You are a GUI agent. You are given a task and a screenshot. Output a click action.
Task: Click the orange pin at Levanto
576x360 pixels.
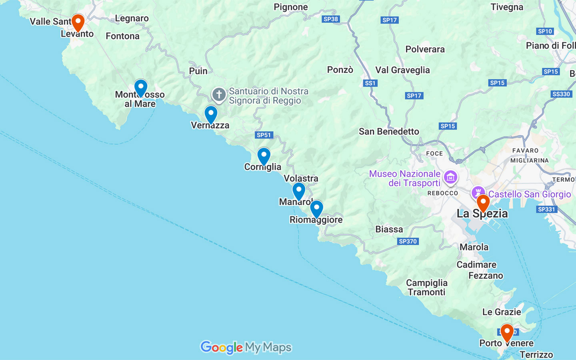tap(78, 22)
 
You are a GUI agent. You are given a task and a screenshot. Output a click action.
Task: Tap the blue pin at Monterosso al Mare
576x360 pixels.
tap(140, 87)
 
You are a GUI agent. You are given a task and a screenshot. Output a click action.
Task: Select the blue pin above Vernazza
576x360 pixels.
tap(211, 114)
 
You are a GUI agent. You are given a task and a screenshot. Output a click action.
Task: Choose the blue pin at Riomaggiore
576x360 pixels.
tap(316, 208)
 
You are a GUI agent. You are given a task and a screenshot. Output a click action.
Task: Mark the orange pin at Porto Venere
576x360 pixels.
tap(507, 332)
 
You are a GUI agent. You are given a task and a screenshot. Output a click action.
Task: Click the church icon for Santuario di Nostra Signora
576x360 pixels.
tap(219, 95)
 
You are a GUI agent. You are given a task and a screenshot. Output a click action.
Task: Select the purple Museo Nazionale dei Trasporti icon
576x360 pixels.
tap(450, 177)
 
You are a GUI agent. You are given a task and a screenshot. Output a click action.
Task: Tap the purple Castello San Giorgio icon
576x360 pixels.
tap(478, 192)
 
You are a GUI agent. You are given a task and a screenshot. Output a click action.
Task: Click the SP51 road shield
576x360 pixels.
tap(264, 135)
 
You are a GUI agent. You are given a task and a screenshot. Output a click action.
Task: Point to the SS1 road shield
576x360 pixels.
tap(370, 83)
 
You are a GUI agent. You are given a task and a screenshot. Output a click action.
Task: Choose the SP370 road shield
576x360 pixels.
tap(408, 241)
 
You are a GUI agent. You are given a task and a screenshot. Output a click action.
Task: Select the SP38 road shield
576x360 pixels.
tap(330, 19)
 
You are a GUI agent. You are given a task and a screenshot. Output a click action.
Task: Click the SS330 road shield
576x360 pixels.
tap(561, 94)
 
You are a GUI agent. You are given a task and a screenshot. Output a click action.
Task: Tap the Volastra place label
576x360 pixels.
tap(301, 178)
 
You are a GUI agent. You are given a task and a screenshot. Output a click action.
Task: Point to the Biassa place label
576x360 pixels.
tap(389, 229)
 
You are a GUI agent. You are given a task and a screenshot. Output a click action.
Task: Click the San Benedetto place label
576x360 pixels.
tap(389, 131)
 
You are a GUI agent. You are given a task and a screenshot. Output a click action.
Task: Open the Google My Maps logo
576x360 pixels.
tap(246, 347)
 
